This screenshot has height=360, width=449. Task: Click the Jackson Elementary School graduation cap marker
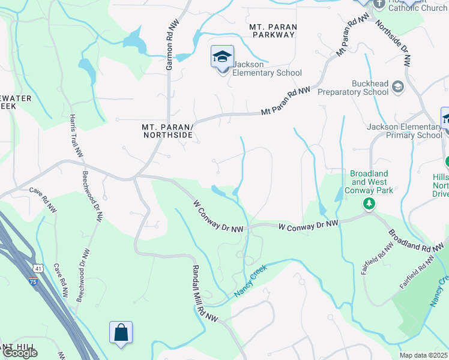click(x=222, y=58)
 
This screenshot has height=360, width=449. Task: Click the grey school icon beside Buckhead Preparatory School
click(x=397, y=88)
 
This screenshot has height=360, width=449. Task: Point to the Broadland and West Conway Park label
click(x=369, y=182)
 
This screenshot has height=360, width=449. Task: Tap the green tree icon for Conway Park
click(x=369, y=205)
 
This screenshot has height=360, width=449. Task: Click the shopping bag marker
click(x=121, y=332)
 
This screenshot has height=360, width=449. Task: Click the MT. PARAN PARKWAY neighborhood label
click(x=273, y=31)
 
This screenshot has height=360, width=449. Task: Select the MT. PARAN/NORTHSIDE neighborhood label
click(x=167, y=131)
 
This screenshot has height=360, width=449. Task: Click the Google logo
click(x=20, y=353)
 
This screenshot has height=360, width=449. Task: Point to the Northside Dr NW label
click(x=394, y=43)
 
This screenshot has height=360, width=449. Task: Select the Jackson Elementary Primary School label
click(x=404, y=131)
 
